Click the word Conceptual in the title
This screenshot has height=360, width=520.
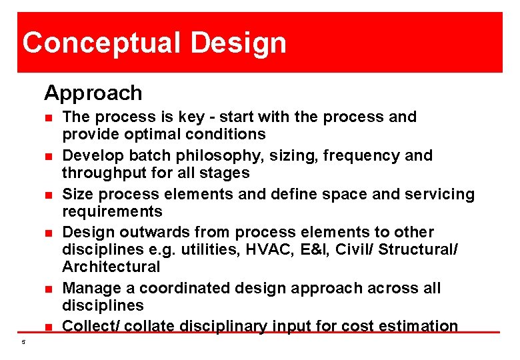[102, 43]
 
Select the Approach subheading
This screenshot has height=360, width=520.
[93, 93]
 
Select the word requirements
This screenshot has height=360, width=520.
[112, 212]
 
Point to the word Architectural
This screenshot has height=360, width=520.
[111, 267]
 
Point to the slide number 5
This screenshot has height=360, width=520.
[23, 343]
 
